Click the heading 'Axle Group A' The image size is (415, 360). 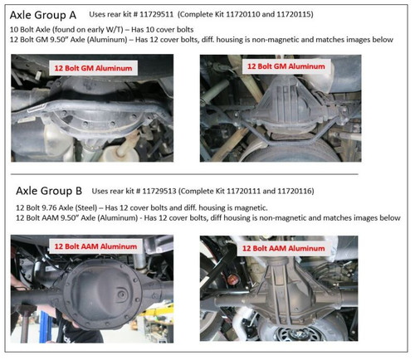[x=44, y=14]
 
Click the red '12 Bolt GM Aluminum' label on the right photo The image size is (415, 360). [x=296, y=65]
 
